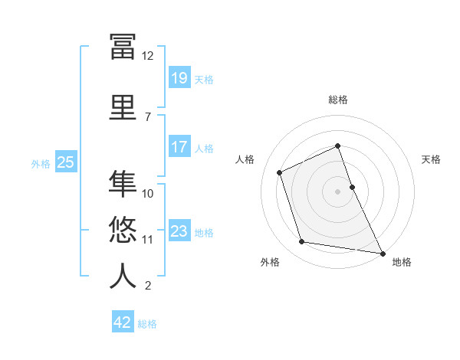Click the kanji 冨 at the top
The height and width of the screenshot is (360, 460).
pyautogui.click(x=123, y=46)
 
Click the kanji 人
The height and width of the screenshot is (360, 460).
pyautogui.click(x=123, y=275)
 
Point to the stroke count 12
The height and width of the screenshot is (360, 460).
pyautogui.click(x=147, y=56)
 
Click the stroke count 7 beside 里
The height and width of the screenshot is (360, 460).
pyautogui.click(x=147, y=117)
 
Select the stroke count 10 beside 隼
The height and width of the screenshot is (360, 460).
pyautogui.click(x=148, y=194)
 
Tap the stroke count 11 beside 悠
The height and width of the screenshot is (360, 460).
pyautogui.click(x=148, y=240)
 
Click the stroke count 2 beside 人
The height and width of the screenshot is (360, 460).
pyautogui.click(x=147, y=286)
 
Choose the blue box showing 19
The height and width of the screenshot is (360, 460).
pyautogui.click(x=179, y=77)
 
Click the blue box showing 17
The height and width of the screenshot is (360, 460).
pyautogui.click(x=179, y=147)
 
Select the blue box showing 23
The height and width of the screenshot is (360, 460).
pyautogui.click(x=179, y=231)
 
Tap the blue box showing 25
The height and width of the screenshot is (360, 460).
pyautogui.click(x=65, y=162)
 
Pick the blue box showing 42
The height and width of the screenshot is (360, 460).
pyautogui.click(x=122, y=322)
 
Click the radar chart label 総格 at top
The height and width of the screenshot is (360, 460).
pyautogui.click(x=337, y=100)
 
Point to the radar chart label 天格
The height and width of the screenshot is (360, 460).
pyautogui.click(x=432, y=159)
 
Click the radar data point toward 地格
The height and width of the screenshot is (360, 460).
pyautogui.click(x=382, y=253)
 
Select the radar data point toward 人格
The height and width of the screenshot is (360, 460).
pyautogui.click(x=280, y=172)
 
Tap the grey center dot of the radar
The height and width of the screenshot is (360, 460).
pyautogui.click(x=337, y=191)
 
